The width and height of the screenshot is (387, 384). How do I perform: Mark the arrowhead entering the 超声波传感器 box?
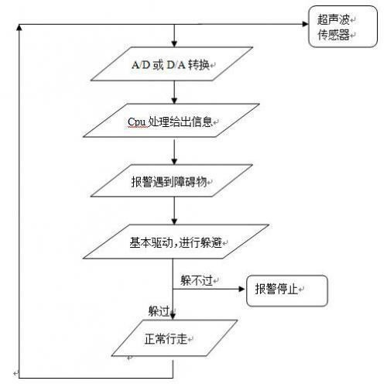pos(303,23)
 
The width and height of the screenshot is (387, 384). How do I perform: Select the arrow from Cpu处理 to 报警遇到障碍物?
pos(176,152)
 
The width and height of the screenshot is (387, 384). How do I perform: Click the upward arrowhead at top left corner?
pos(19,28)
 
